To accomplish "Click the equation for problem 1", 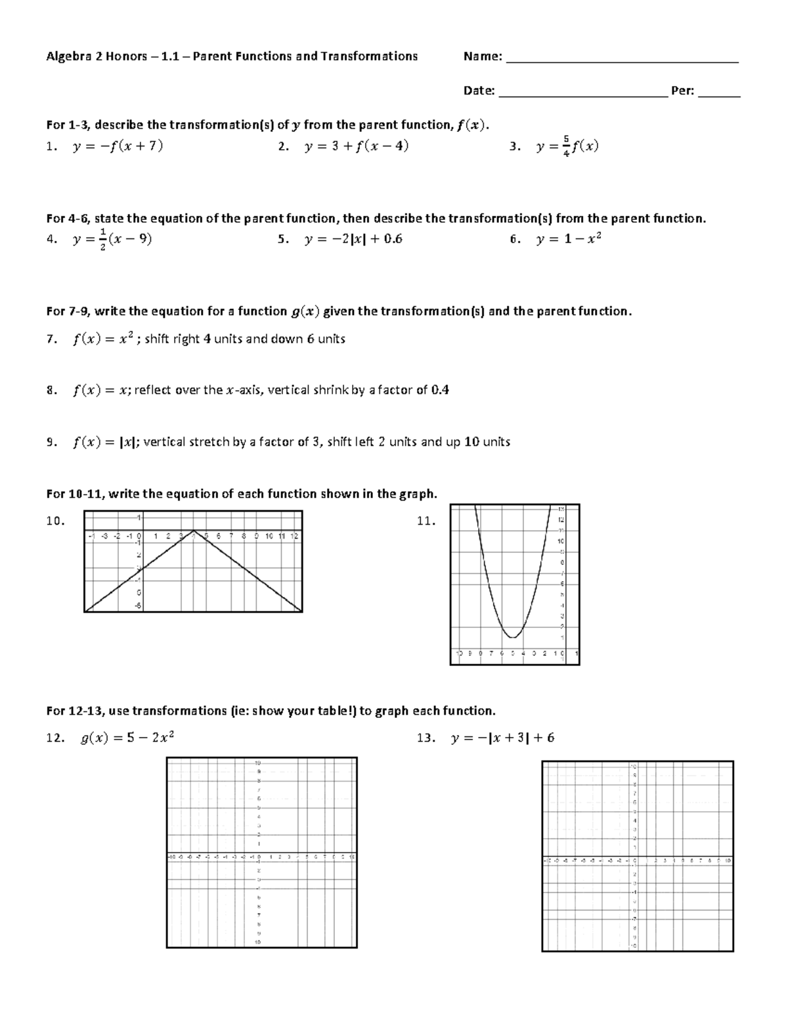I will [x=118, y=146].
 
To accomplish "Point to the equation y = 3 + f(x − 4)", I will [x=357, y=146].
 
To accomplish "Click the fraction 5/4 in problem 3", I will [x=567, y=146].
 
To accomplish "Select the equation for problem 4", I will [x=112, y=239].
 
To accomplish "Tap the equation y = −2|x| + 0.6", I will [x=353, y=239].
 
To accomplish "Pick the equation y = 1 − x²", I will [x=569, y=239].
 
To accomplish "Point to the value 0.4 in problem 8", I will [x=440, y=390].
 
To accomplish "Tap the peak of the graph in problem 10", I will [x=194, y=531].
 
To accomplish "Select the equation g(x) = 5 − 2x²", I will [x=127, y=738].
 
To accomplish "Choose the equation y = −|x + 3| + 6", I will [x=502, y=738].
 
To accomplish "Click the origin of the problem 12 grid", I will [x=261, y=857].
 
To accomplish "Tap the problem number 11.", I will [x=426, y=521].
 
